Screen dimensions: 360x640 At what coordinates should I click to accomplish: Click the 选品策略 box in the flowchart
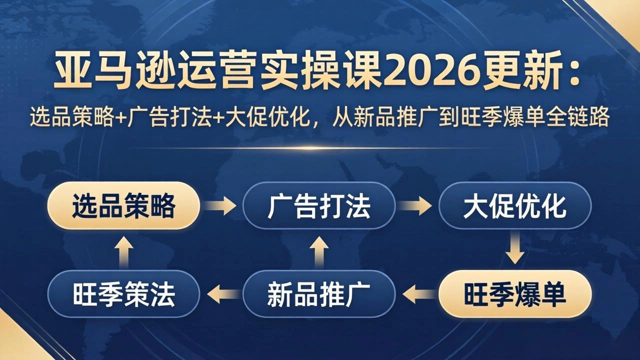tap(123, 205)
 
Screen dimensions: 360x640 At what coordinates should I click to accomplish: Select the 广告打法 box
tap(319, 205)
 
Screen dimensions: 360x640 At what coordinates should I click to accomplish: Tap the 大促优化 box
tap(514, 205)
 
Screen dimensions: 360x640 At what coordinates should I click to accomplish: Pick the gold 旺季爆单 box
tap(514, 294)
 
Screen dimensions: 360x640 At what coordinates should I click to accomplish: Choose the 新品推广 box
tap(319, 294)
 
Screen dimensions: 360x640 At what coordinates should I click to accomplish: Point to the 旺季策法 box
tap(123, 294)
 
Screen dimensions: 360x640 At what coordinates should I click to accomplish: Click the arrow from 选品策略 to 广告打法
tap(221, 205)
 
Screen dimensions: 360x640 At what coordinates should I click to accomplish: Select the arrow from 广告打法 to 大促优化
tap(416, 205)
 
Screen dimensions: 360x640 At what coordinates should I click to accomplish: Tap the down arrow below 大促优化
tap(514, 249)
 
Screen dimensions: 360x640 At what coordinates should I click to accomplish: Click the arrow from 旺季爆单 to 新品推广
tap(417, 294)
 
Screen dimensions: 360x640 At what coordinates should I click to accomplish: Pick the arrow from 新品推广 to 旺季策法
tap(221, 294)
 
